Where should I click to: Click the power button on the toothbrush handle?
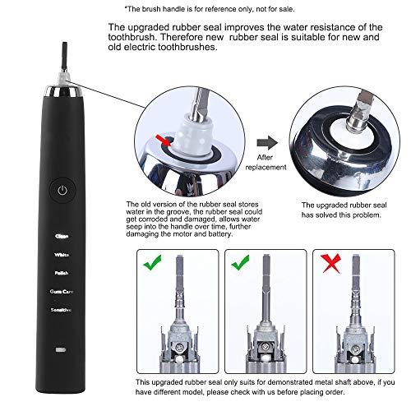tap(62, 189)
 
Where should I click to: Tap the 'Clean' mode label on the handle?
tap(62, 237)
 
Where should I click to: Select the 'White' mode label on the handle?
tap(62, 255)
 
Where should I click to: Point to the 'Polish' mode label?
tap(62, 273)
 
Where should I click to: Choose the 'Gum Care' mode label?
tap(62, 291)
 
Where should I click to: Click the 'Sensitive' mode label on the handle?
tap(62, 309)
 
